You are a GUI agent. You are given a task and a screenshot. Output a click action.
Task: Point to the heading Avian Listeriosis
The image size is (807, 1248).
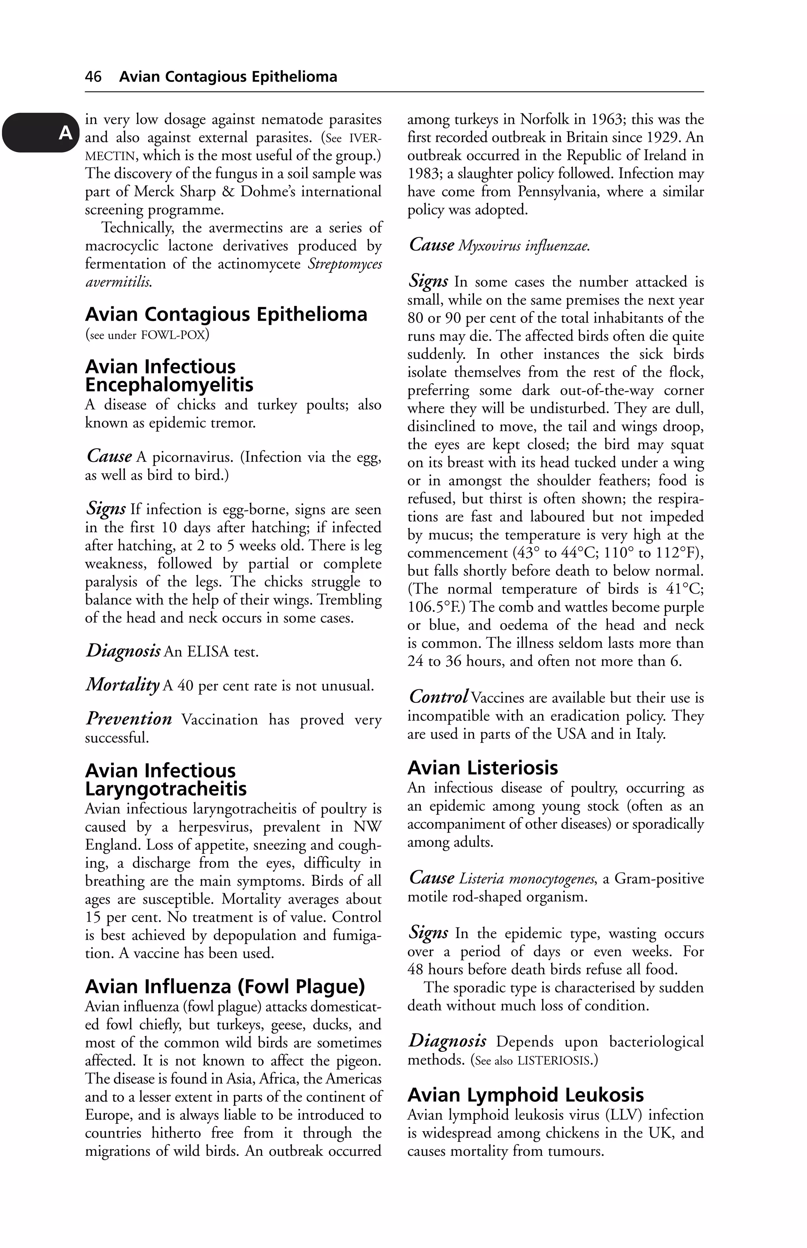483,768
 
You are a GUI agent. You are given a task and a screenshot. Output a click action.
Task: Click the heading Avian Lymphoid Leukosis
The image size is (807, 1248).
526,1095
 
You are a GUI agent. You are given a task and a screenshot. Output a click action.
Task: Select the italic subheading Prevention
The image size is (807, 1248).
129,718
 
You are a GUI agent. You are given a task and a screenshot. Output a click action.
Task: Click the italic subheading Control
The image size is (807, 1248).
438,696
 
